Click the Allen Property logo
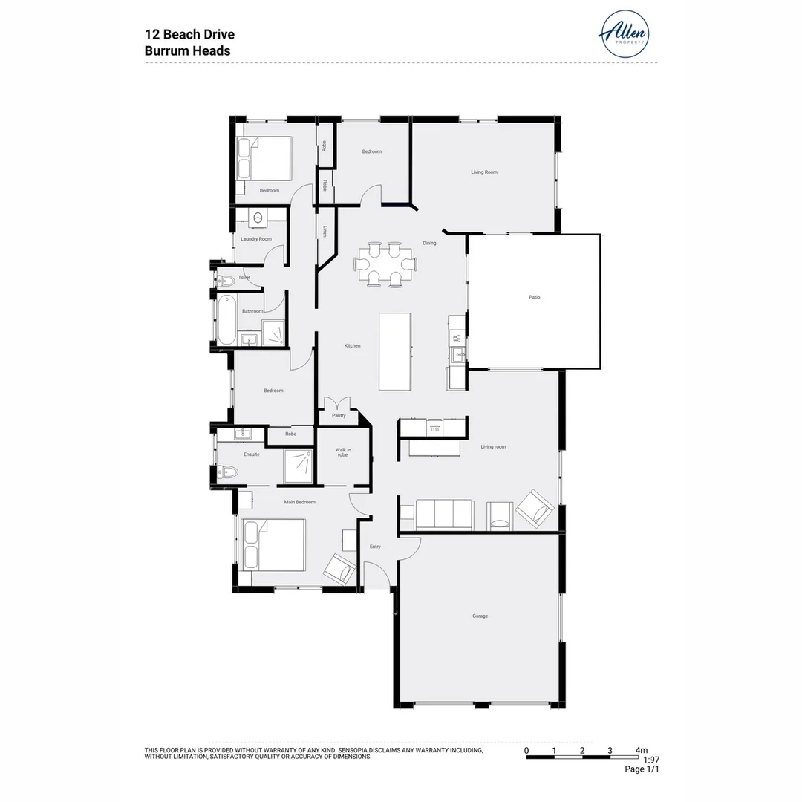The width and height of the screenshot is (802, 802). click(x=624, y=34)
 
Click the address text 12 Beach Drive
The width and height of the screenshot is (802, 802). click(x=189, y=35)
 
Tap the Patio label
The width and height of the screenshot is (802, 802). click(x=534, y=297)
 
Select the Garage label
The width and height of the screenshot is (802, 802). click(x=480, y=616)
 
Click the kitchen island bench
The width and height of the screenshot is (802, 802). click(x=395, y=351)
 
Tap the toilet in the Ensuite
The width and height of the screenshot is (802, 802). click(x=226, y=472)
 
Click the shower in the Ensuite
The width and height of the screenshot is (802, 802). click(x=299, y=466)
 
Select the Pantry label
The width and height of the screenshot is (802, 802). click(x=339, y=416)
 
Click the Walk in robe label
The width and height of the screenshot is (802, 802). click(x=342, y=451)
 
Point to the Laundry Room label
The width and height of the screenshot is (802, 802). click(x=256, y=239)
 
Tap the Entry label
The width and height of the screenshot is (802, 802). click(x=375, y=547)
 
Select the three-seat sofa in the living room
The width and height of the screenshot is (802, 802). click(x=444, y=515)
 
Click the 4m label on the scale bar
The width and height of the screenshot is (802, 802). click(x=642, y=750)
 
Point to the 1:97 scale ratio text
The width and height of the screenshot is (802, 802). click(x=651, y=760)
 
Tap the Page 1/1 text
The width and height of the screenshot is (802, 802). click(x=642, y=769)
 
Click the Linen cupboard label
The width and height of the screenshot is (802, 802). click(x=325, y=232)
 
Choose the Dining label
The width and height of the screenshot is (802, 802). click(x=429, y=243)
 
